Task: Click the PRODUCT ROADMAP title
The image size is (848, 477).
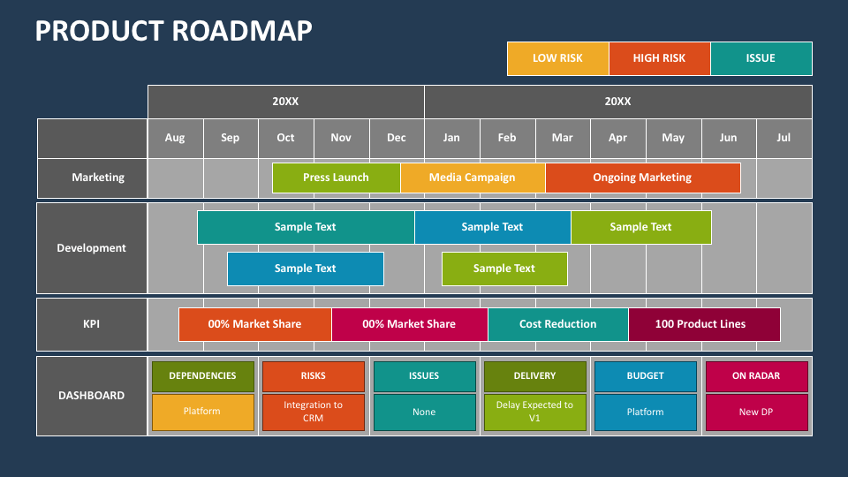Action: click(x=173, y=31)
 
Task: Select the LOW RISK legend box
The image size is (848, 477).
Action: click(x=557, y=58)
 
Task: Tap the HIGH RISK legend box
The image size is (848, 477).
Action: click(x=659, y=58)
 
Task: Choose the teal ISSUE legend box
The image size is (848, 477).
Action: click(x=761, y=58)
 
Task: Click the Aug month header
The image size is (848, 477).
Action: click(x=175, y=138)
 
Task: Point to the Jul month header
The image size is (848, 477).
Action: click(x=784, y=138)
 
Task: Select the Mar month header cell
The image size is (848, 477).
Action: click(x=562, y=138)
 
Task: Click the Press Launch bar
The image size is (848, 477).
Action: click(x=336, y=178)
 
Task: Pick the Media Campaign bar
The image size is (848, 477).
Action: click(x=472, y=178)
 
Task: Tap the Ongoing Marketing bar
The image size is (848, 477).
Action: click(x=642, y=178)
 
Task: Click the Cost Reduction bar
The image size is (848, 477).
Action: click(x=557, y=324)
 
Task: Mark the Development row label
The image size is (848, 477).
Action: click(x=92, y=248)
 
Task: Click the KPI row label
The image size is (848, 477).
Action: click(x=92, y=324)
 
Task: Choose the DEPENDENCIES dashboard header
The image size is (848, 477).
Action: click(x=202, y=376)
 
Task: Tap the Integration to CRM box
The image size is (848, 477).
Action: click(x=313, y=413)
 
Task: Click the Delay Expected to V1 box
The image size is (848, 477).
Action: click(x=534, y=413)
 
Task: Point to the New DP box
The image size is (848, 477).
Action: click(x=756, y=413)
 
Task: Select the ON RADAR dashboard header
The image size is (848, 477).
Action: click(x=756, y=376)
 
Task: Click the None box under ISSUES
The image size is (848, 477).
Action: click(x=424, y=413)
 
